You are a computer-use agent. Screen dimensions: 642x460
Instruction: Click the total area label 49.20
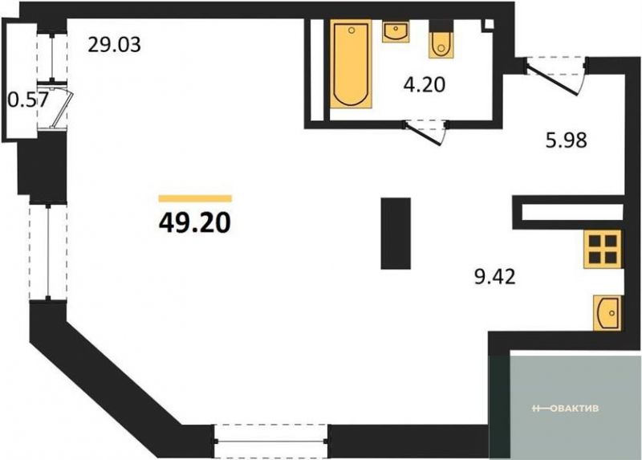(x=195, y=223)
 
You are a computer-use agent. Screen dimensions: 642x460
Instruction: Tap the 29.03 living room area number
(x=115, y=45)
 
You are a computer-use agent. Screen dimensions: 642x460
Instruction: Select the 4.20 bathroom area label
(x=425, y=85)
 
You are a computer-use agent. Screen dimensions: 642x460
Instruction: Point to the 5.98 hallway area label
(x=567, y=140)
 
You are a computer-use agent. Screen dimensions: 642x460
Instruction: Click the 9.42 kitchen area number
(x=494, y=277)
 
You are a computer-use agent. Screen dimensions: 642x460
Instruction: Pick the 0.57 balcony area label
(x=28, y=100)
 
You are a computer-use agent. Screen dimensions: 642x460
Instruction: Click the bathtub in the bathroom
(x=351, y=64)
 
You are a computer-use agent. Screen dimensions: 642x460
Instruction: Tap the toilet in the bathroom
(x=441, y=39)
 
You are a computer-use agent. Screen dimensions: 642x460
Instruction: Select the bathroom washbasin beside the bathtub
(x=395, y=32)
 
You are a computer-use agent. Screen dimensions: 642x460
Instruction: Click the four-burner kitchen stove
(x=603, y=249)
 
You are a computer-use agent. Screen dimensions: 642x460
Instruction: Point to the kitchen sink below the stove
(x=607, y=313)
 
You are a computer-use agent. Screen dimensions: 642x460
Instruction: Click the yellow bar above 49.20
(x=195, y=198)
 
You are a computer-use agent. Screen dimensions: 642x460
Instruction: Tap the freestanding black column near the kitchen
(x=396, y=234)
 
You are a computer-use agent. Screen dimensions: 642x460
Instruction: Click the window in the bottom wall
(x=270, y=442)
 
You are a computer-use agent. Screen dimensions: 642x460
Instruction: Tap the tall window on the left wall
(x=48, y=251)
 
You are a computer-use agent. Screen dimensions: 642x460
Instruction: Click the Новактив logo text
(x=565, y=409)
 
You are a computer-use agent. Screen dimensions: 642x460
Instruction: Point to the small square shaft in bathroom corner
(x=488, y=25)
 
